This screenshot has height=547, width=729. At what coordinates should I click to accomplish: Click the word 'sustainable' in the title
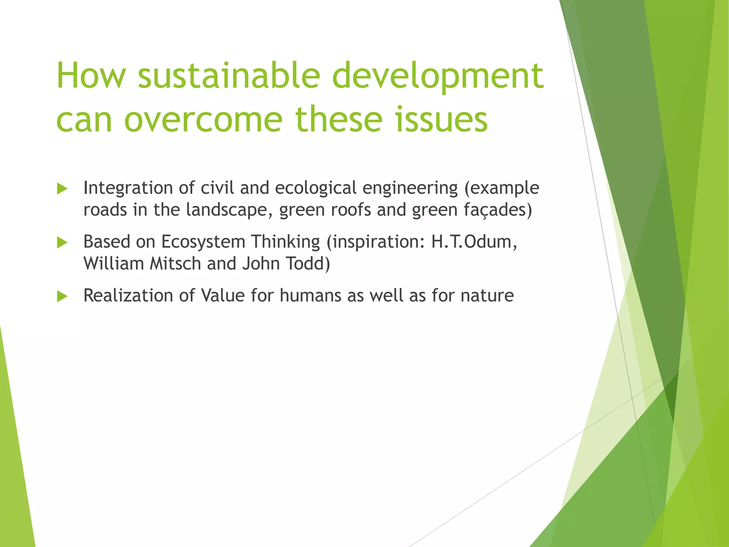pos(229,75)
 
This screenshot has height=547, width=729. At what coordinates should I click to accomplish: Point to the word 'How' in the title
pos(91,75)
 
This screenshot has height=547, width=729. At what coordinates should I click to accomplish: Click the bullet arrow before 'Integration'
pos(62,189)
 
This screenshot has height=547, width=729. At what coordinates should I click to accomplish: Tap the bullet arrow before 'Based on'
pos(62,243)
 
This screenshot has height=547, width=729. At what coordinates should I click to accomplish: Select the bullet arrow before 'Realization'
pos(62,296)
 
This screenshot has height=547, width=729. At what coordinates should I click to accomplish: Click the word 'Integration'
pos(128,188)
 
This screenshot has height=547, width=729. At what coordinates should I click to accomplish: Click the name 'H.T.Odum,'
pos(474,242)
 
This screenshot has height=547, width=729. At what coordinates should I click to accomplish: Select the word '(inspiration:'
pos(376,242)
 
